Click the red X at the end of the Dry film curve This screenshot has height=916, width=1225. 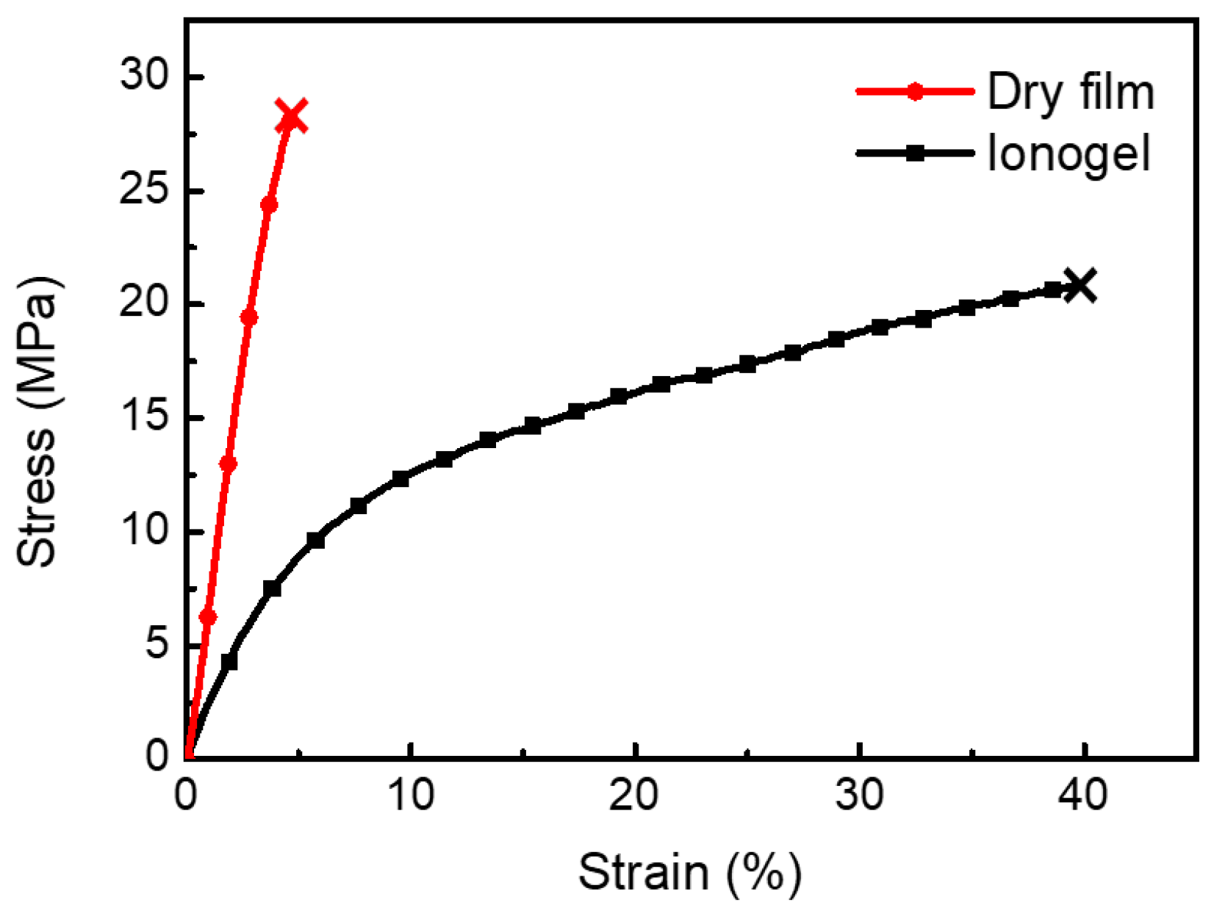tap(291, 117)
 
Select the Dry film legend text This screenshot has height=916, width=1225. tap(1070, 93)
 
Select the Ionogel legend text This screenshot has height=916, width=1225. tap(1068, 154)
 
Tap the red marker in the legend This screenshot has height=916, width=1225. tap(915, 92)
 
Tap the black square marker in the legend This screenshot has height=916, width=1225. tap(915, 154)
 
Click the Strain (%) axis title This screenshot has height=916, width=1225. tap(689, 873)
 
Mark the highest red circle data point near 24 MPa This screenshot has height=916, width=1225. tap(269, 204)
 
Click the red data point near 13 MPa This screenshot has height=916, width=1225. tap(228, 464)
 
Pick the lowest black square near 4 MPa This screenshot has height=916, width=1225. tap(229, 661)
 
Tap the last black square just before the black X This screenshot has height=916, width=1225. tap(1052, 290)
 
